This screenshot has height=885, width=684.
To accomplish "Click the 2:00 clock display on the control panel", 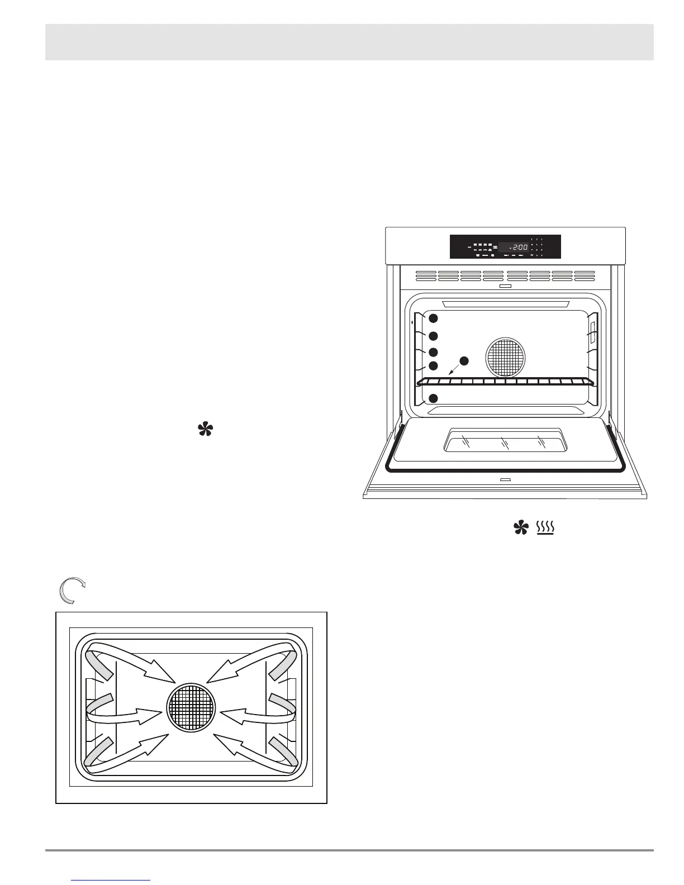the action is click(514, 246).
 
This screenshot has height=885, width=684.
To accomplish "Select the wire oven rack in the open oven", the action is click(505, 382).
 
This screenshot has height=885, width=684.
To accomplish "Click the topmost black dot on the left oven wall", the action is click(433, 318).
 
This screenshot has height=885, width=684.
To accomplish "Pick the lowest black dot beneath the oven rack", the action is click(433, 398).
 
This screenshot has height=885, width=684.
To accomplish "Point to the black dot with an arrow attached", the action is click(464, 360).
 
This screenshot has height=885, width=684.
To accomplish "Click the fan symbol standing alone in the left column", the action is click(205, 430).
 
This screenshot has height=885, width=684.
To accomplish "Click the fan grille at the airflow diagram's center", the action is click(191, 707).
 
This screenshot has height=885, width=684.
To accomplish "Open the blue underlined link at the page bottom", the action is click(111, 880).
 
